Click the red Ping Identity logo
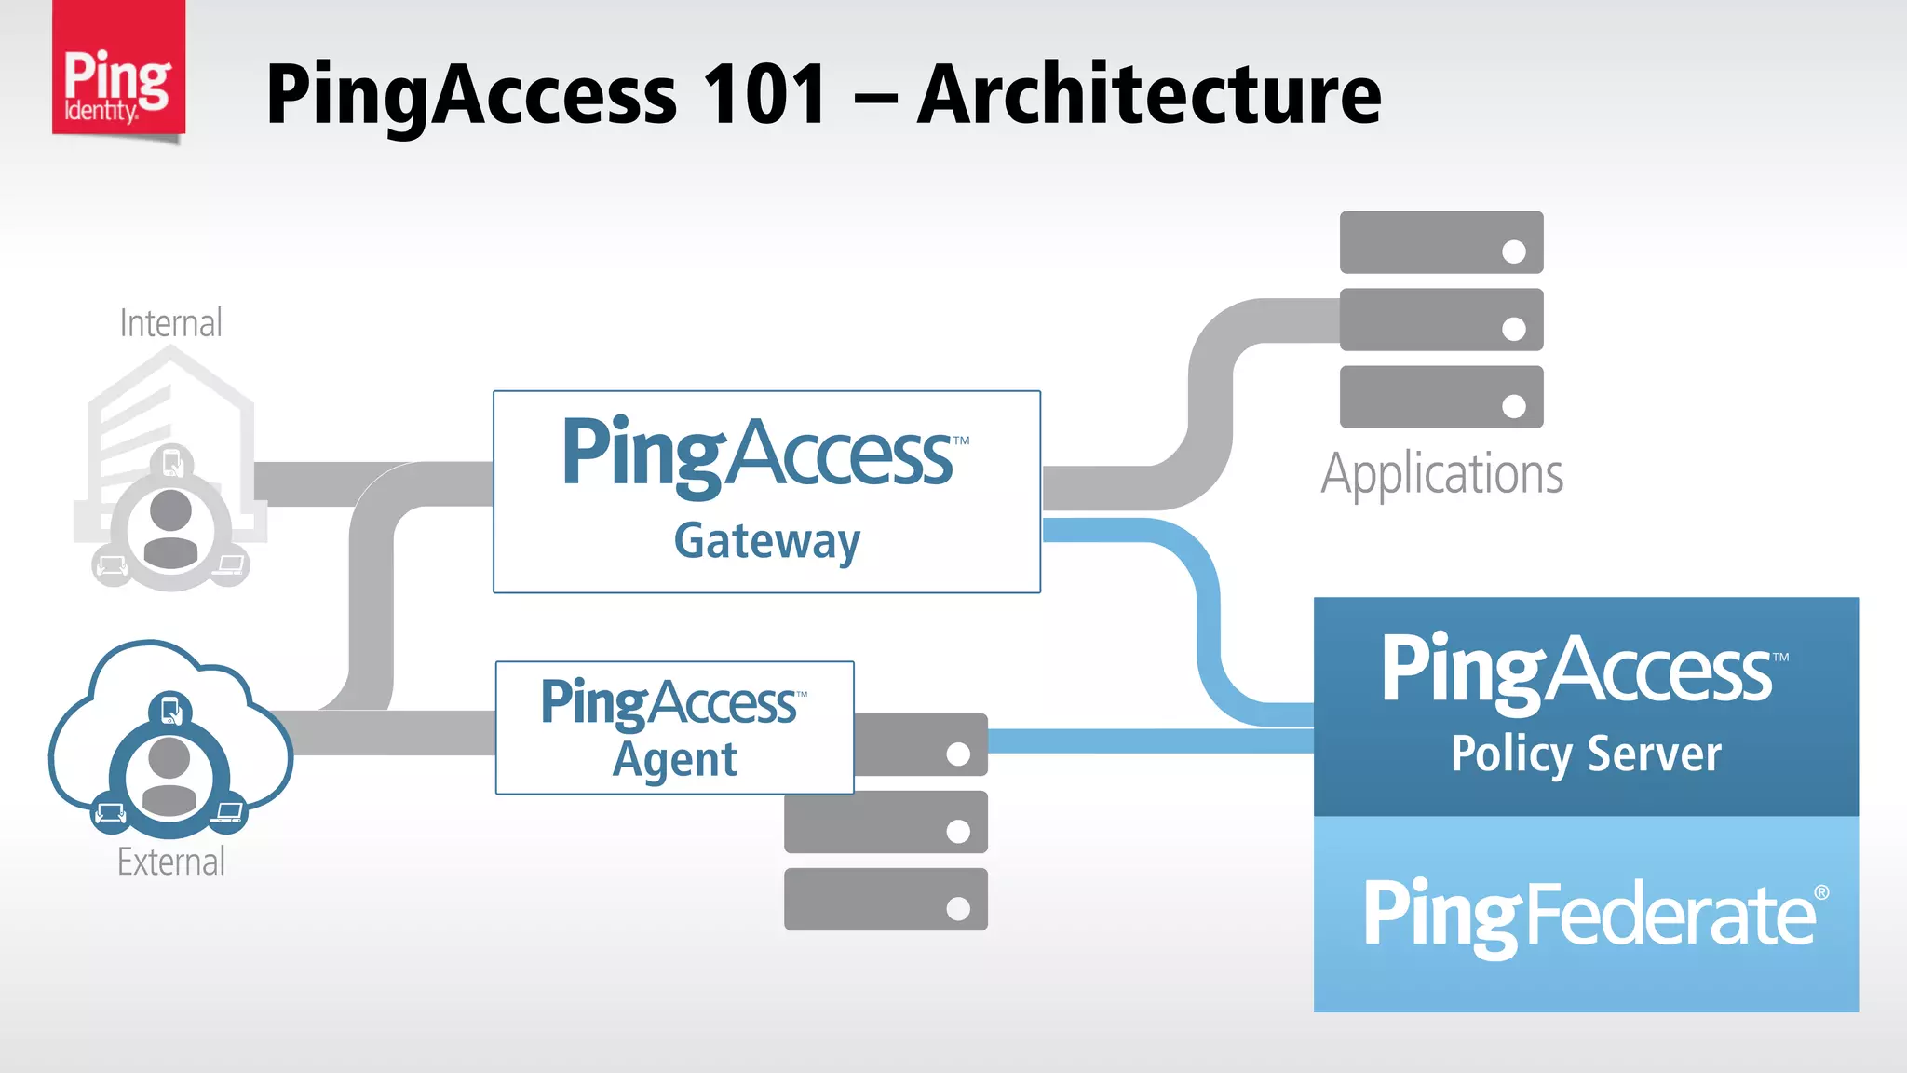118,70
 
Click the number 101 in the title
764,94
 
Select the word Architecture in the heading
1149,94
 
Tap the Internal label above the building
170,323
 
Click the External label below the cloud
170,862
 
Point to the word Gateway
767,542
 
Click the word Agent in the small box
674,760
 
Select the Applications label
1441,474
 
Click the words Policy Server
1586,754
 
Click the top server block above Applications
1440,242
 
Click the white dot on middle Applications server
1514,329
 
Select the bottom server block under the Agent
885,899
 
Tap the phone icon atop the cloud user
170,711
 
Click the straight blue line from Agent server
1150,740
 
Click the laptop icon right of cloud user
228,813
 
